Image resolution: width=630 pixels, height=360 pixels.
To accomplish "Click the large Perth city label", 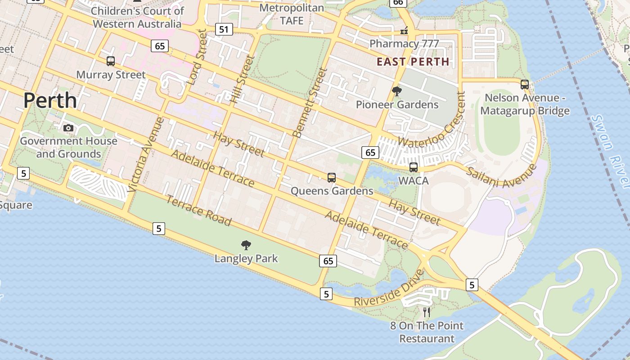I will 50,100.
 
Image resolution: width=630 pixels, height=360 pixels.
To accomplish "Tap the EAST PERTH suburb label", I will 413,62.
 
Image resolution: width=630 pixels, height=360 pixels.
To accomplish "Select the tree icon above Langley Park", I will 246,245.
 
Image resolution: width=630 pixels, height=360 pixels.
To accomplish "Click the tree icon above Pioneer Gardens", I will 396,91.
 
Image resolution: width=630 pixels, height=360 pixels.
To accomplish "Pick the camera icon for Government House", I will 68,128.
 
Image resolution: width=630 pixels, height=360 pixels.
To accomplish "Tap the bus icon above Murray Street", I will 111,61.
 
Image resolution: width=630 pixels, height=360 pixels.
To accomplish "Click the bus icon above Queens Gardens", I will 332,178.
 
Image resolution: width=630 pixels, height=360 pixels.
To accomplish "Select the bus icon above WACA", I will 413,167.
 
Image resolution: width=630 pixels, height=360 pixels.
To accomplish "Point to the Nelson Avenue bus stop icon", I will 524,84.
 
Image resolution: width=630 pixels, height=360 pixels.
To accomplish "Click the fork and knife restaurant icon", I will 427,312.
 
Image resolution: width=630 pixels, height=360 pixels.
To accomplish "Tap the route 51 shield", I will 224,30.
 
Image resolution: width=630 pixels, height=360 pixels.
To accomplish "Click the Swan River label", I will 610,151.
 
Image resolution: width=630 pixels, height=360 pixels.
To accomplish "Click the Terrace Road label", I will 198,211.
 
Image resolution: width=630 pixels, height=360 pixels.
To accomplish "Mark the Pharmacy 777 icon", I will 404,31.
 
